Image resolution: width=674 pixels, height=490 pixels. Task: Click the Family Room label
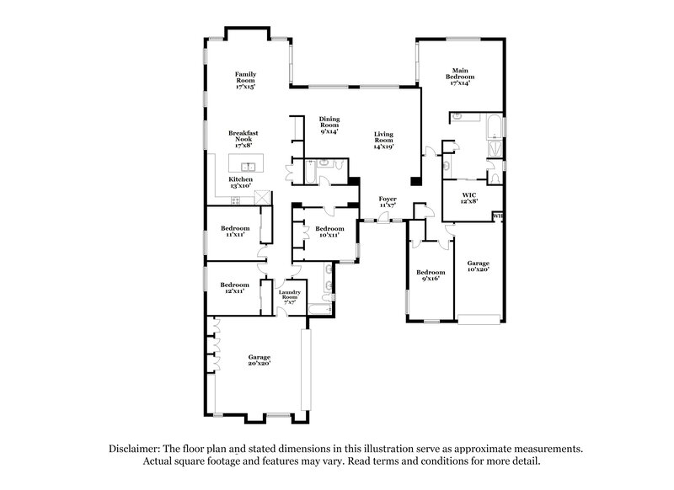(245, 80)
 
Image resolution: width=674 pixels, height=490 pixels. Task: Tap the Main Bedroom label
(460, 77)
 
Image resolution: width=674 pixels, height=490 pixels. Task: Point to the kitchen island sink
(248, 167)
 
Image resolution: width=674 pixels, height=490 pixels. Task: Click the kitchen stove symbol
(235, 200)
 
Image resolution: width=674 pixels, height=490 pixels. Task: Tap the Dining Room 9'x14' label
(329, 125)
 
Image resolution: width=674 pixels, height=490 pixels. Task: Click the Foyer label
(388, 202)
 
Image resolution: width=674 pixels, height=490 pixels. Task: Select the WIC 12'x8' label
(468, 198)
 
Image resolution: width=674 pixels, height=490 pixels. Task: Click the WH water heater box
(498, 216)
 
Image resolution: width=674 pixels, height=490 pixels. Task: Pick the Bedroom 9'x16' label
(431, 275)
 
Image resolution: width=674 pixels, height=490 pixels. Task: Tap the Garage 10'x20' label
(478, 267)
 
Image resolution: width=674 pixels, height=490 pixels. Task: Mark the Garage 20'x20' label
(259, 360)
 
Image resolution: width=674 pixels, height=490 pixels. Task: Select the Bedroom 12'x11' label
(235, 288)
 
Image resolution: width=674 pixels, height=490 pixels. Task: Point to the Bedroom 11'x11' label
(235, 232)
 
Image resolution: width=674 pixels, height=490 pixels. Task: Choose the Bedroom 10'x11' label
(329, 232)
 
